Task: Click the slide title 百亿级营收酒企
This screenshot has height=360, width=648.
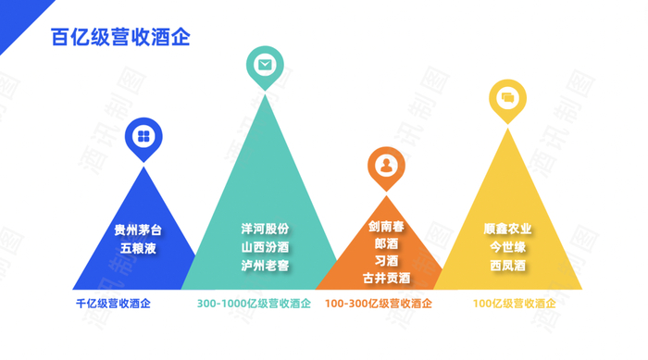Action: pos(120,37)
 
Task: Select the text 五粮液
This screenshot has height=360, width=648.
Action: pos(137,248)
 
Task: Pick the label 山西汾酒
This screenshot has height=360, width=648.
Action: pos(265,247)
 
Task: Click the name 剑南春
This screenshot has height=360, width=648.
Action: pos(386,227)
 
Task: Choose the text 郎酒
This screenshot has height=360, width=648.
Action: pos(386,244)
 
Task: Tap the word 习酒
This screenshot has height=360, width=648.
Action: pos(386,261)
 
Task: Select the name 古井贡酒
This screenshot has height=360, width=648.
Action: pos(386,278)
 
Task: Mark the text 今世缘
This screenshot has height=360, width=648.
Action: pos(507,247)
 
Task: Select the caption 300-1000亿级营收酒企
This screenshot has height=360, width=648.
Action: pos(254,304)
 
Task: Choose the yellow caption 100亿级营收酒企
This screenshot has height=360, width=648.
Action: pos(514,304)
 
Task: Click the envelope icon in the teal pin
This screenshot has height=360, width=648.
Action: pos(265,64)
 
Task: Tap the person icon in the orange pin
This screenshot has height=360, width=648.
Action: pos(386,166)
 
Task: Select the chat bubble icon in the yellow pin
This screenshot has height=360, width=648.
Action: pos(507,97)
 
